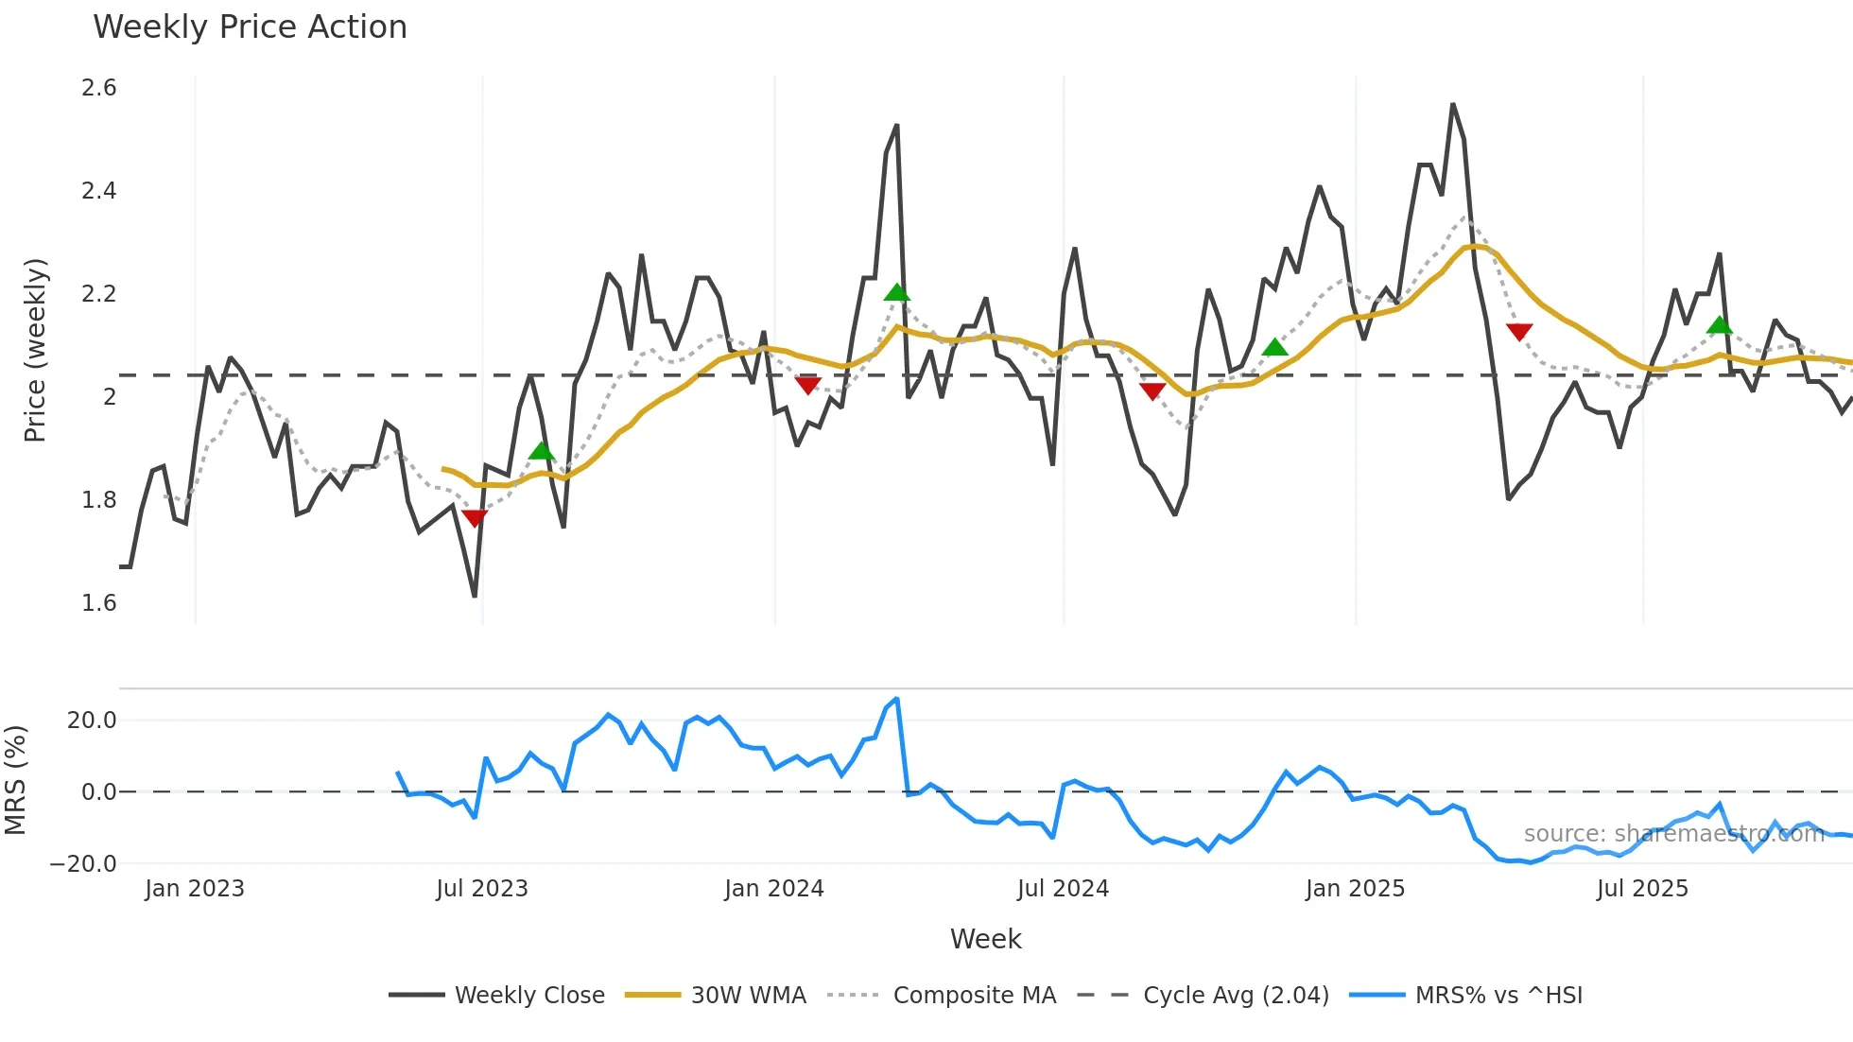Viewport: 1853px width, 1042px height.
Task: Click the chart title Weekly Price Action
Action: (x=250, y=27)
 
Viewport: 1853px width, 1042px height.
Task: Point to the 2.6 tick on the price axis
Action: (x=99, y=88)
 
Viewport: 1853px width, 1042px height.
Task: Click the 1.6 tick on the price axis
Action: (x=99, y=603)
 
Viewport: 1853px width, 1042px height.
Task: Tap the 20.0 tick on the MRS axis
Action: (x=92, y=721)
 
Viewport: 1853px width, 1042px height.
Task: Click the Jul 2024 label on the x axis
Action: (x=1063, y=889)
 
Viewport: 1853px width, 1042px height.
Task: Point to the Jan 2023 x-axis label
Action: (x=195, y=889)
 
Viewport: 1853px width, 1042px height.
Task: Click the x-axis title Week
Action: (x=985, y=939)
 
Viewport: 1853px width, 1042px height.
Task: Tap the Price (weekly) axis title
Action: (x=35, y=350)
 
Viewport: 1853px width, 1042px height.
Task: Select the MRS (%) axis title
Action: (x=15, y=780)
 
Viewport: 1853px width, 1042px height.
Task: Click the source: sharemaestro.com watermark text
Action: (x=1673, y=834)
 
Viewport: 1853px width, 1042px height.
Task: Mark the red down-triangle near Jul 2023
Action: (x=475, y=518)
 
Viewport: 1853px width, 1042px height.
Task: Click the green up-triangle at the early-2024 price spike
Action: (x=897, y=293)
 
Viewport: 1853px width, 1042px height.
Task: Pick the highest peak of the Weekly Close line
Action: (x=1453, y=104)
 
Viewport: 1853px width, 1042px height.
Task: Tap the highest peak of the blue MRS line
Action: (x=896, y=699)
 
